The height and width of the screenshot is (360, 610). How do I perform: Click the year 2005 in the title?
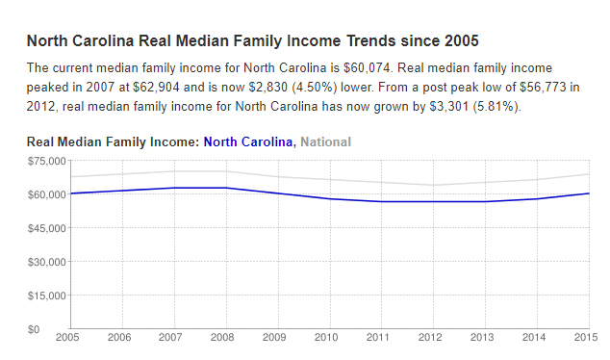(461, 41)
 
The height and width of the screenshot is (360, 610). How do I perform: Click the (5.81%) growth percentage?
(492, 106)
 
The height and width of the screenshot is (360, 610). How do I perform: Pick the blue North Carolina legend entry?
(248, 141)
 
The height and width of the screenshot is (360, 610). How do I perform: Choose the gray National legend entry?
(326, 141)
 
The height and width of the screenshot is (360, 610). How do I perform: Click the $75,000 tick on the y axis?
(45, 161)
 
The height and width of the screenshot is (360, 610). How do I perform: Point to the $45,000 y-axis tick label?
(45, 228)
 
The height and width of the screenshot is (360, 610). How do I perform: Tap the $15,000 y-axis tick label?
(45, 296)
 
